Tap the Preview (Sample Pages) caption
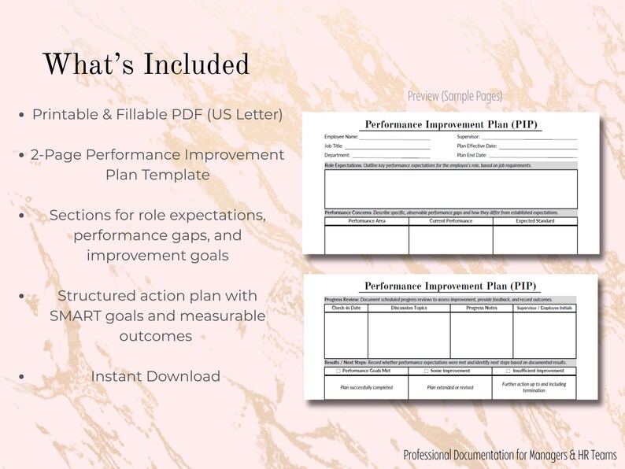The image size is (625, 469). pos(454,96)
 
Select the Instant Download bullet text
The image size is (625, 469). pos(155,376)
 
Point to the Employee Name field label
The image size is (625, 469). pos(342,136)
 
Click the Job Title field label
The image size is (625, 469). pos(333,146)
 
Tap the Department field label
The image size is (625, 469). pos(338,156)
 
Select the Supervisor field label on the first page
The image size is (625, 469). pos(470,136)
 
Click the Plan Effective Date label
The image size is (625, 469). pos(476,146)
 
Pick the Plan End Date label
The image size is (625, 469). pos(472,156)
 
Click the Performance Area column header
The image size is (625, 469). pos(367,221)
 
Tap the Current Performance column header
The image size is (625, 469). pos(451,221)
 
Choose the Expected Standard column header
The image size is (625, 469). pos(535,221)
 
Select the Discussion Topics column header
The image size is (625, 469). pos(409,308)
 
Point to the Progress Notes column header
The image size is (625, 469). pos(481,308)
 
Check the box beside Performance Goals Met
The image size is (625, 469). pos(338,371)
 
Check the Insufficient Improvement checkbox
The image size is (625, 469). pos(509,371)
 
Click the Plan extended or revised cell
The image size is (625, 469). pos(449,387)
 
